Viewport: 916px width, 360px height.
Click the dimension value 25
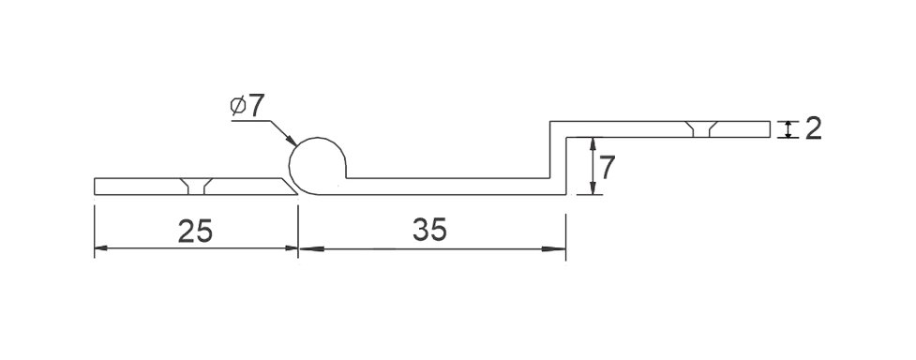click(x=195, y=232)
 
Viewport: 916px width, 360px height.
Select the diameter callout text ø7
click(x=248, y=106)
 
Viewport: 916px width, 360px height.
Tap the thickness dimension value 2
click(x=813, y=128)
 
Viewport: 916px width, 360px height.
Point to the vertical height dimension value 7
click(x=607, y=169)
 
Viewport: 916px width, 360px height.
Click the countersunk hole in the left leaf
click(x=196, y=186)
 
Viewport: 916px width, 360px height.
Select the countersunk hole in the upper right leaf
click(x=701, y=129)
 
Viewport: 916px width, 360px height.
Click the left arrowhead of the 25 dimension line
click(x=101, y=247)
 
